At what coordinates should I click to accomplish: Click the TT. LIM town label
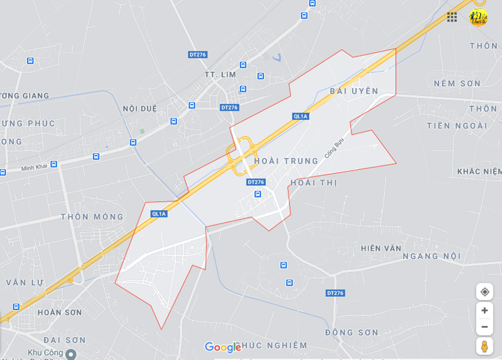pos(221,74)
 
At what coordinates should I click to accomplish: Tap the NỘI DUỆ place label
pos(139,108)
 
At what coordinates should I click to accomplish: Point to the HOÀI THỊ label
pos(314,183)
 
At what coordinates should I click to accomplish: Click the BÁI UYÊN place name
pos(354,91)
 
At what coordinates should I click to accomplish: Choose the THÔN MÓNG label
pos(92,217)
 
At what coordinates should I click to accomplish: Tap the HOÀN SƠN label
pos(59,312)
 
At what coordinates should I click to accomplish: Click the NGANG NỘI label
pos(432,256)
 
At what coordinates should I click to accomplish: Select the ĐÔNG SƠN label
pos(351,333)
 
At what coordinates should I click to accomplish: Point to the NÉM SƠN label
pos(457,83)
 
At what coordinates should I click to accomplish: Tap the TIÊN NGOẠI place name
pos(457,126)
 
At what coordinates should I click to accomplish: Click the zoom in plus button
pos(485,310)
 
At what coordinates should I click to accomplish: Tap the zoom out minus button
pos(485,327)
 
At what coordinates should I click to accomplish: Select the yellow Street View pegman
pos(485,346)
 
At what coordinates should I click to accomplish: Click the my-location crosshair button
pos(485,292)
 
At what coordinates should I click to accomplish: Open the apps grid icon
pos(452,17)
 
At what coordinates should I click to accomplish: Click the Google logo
pos(222,348)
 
